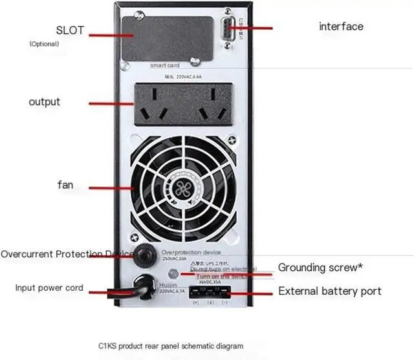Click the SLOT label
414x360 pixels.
(x=72, y=30)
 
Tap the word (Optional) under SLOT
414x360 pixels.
(x=44, y=44)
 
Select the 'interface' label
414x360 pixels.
(x=341, y=26)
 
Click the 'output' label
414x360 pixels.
(x=45, y=101)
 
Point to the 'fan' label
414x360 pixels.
(x=65, y=185)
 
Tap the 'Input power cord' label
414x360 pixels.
(x=49, y=288)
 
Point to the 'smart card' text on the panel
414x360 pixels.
(x=165, y=65)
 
